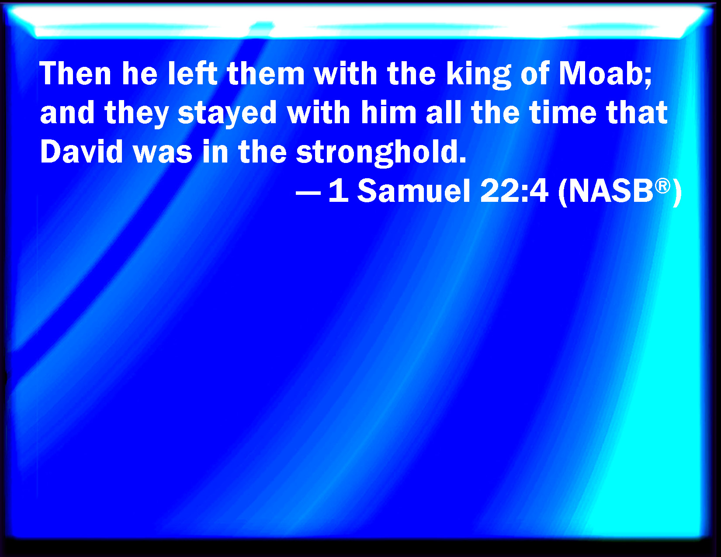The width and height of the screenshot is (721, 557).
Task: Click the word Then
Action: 75,73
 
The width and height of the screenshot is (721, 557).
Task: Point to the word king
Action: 478,75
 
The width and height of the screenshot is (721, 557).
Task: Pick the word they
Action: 137,114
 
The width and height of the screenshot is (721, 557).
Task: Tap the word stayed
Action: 227,114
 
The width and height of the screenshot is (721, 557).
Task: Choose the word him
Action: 388,112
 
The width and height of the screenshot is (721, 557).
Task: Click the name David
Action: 81,152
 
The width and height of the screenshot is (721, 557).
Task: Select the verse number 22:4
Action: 514,191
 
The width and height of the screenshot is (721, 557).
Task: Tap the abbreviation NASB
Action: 611,191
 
